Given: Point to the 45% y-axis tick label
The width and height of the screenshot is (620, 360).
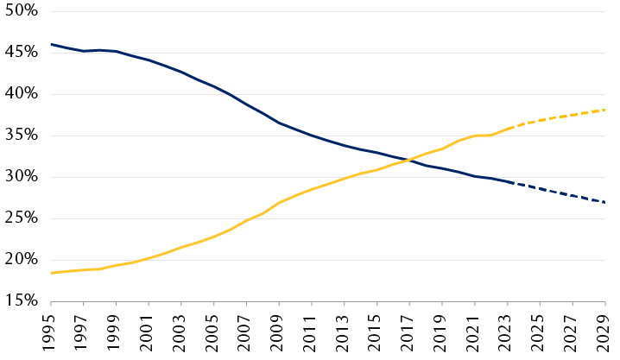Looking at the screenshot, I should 20,53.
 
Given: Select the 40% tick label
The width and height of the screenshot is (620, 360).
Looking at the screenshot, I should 20,94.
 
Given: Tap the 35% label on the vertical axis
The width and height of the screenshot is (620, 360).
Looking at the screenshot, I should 20,136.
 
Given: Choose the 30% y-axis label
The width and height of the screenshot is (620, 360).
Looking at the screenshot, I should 20,177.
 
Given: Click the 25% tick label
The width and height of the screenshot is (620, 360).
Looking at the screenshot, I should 20,218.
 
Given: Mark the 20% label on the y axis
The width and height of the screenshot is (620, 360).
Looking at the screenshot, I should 20,260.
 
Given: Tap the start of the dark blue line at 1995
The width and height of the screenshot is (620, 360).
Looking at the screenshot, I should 52,44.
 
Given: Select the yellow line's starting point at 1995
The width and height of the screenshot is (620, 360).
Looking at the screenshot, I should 52,273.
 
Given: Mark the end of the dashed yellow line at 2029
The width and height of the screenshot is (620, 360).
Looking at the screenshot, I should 604,110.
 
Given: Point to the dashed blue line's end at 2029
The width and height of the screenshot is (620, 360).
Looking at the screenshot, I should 604,202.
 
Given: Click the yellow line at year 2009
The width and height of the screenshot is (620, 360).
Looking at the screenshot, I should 279,202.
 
